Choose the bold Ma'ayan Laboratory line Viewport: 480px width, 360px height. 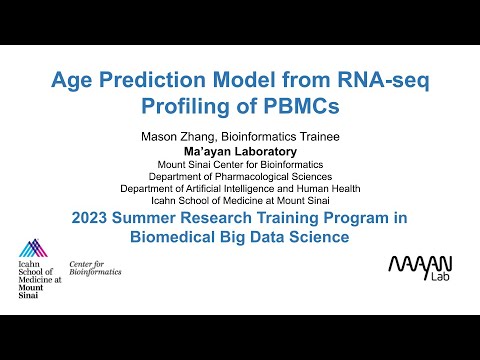click(240, 151)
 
